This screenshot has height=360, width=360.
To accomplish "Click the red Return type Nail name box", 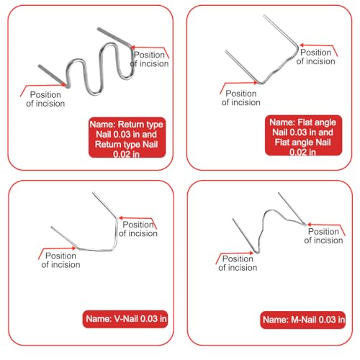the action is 127,138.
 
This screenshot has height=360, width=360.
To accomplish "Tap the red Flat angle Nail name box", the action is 303,135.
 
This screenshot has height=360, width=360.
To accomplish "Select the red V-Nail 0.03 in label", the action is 125,319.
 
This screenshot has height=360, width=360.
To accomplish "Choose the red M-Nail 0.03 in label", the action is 303,320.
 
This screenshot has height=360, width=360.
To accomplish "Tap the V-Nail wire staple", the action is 116,235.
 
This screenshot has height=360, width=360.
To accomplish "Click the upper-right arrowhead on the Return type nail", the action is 132,48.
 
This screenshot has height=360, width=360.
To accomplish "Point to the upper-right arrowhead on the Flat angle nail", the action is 302,45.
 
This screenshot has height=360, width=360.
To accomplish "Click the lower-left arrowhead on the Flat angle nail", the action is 256,83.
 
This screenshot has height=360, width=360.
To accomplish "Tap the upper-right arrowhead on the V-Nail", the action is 120,218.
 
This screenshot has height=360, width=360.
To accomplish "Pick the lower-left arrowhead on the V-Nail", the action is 74,248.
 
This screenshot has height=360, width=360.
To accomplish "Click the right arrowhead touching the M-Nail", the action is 309,225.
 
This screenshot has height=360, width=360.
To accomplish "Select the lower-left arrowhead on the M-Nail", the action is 251,253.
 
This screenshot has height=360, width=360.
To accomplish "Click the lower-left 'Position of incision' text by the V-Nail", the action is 60,260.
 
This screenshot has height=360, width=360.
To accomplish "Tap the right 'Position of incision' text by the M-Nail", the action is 323,235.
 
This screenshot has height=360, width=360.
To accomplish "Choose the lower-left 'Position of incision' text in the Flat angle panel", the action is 241,98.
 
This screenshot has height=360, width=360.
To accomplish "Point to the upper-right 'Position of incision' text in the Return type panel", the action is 149,59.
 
